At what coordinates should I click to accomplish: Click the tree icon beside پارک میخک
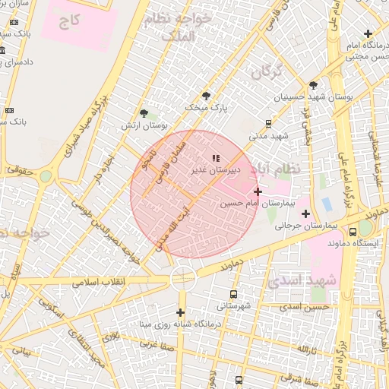tap(206, 96)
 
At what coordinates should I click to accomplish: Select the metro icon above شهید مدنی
tap(269, 123)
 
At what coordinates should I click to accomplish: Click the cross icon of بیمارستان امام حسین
tap(258, 191)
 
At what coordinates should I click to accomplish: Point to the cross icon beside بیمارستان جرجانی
tap(305, 213)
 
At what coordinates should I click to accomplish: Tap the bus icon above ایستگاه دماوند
tap(353, 232)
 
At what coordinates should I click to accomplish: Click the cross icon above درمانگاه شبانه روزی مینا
tap(180, 312)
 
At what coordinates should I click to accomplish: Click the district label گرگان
tap(264, 73)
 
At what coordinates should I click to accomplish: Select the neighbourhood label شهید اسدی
tap(302, 280)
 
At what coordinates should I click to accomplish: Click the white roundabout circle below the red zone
tap(183, 279)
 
